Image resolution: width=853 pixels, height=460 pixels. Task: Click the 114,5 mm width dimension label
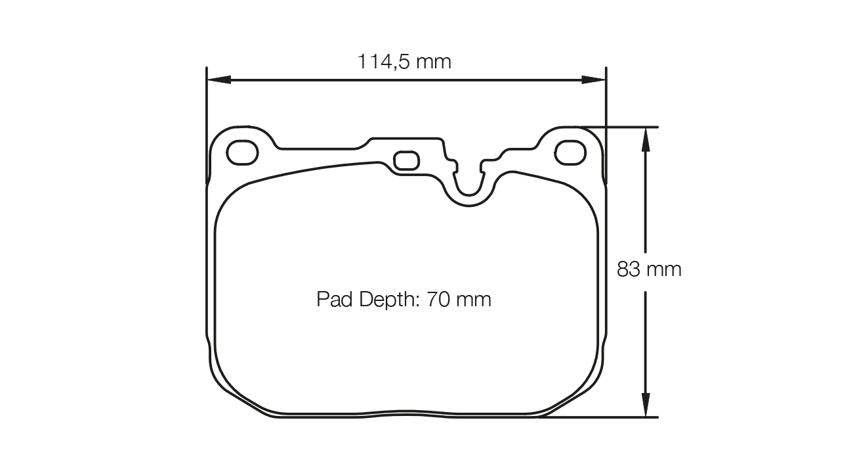point(404,62)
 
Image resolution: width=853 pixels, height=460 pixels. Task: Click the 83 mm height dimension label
point(649,269)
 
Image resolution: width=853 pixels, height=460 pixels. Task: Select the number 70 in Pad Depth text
point(438,300)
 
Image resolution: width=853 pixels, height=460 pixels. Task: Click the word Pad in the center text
point(331,300)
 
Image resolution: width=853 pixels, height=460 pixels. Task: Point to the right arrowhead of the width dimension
point(594,80)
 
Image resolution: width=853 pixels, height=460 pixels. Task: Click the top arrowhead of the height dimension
point(646,138)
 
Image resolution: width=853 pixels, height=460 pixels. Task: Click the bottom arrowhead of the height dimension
point(646,405)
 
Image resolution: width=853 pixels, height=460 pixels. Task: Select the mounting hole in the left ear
point(242,152)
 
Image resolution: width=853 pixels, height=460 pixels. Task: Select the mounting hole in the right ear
point(570,154)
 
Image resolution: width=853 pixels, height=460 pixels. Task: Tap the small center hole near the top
point(406,160)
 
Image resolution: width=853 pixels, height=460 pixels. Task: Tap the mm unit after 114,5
point(434,62)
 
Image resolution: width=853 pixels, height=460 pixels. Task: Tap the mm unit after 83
point(663,269)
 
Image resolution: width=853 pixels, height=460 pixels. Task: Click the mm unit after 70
point(473,300)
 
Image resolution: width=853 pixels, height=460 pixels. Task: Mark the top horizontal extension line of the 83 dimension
point(617,126)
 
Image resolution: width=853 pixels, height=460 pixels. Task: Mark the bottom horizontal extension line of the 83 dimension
point(604,417)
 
